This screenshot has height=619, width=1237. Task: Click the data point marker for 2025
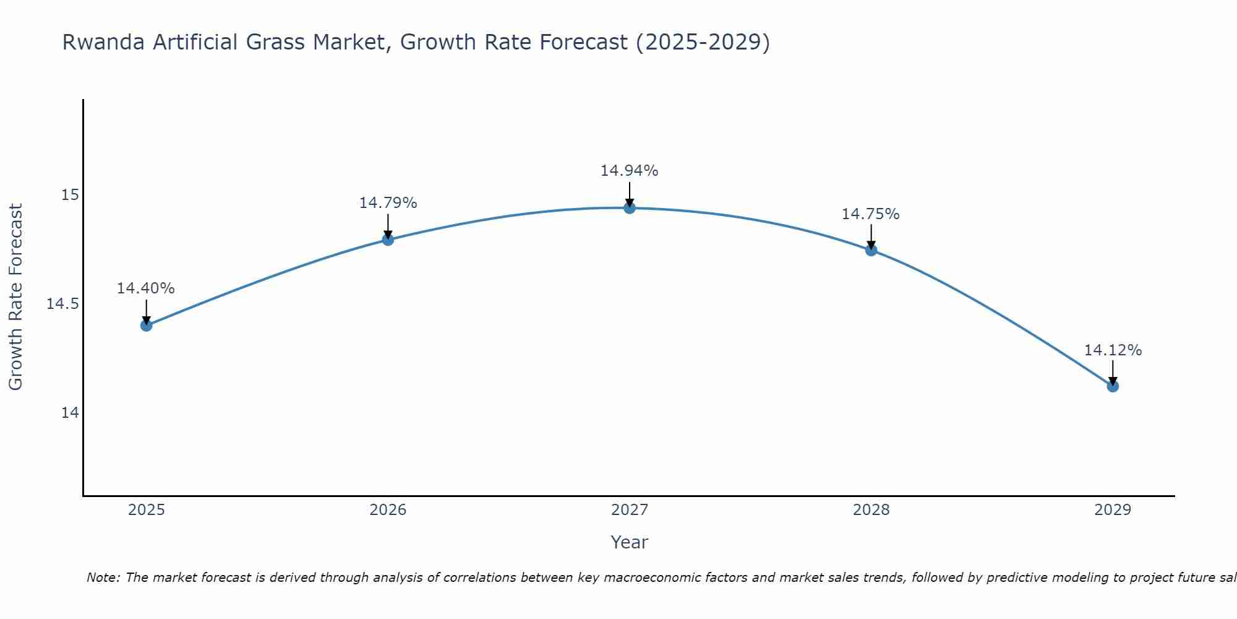(147, 325)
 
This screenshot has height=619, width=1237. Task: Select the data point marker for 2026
(388, 240)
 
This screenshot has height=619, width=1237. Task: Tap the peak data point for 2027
(630, 208)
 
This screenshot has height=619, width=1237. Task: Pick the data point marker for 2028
(871, 250)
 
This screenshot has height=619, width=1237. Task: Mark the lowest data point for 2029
(1113, 386)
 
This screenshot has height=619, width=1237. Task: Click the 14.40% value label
(146, 288)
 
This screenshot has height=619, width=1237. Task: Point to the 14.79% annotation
(388, 203)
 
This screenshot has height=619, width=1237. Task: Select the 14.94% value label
(630, 171)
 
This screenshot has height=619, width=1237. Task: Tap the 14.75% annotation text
(871, 214)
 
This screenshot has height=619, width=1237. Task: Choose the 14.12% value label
(1113, 350)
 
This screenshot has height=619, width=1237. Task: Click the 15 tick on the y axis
(70, 195)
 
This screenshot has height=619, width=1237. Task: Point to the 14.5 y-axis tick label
(63, 304)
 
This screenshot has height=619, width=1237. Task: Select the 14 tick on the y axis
(70, 413)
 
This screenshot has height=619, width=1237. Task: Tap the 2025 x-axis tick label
(147, 510)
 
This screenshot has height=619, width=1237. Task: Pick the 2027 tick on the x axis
(630, 510)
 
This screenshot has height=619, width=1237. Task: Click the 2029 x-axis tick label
(1113, 510)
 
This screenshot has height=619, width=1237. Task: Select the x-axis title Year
(630, 542)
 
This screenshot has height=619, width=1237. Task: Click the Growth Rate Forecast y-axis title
(15, 297)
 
